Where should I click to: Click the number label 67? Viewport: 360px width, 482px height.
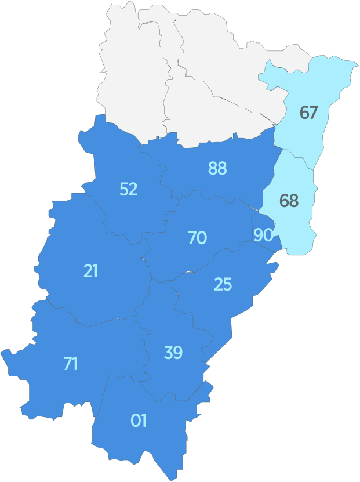tap(308, 113)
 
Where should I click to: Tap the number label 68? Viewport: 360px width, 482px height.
tap(289, 201)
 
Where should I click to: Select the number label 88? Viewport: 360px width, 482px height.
tap(217, 168)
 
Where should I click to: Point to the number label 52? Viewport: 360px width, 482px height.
tap(129, 189)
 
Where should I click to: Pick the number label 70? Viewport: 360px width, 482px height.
tap(197, 238)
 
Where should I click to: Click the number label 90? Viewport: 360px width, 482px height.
tap(263, 235)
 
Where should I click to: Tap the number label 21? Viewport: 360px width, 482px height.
tap(90, 271)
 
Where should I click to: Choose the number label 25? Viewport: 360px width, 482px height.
tap(223, 284)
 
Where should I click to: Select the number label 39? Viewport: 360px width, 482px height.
tap(173, 353)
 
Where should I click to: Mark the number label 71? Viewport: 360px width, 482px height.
tap(71, 364)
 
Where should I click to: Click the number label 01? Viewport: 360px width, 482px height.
tap(139, 421)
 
